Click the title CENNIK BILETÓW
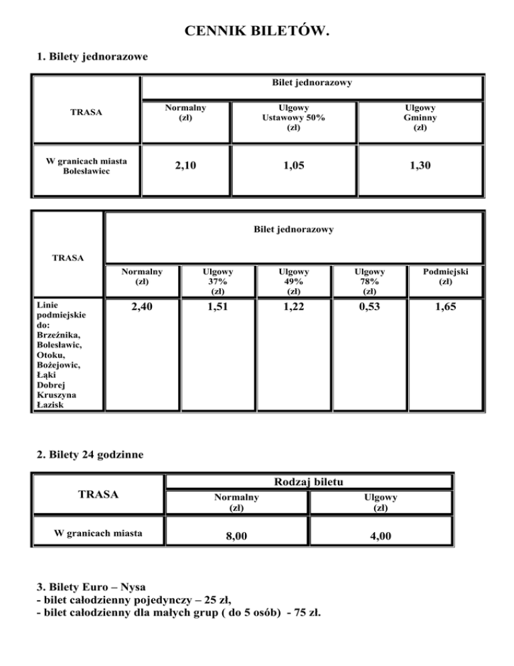[x=257, y=31]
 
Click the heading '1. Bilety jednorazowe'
[x=92, y=56]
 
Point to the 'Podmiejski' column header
[x=445, y=277]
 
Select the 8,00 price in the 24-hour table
[x=236, y=537]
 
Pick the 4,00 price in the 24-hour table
[x=380, y=537]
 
